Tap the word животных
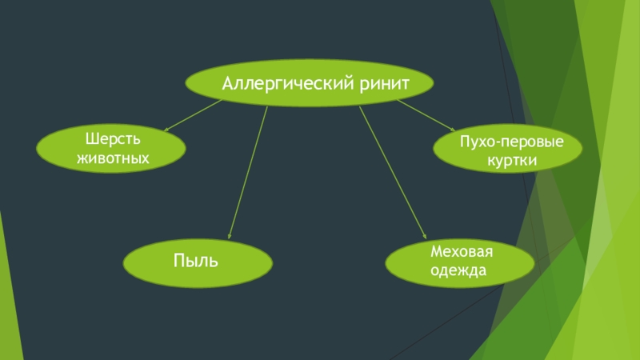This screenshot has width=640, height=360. (x=113, y=158)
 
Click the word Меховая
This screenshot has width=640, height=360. (x=462, y=252)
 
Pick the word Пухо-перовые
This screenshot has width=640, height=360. (x=511, y=143)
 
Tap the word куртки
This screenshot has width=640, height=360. (x=511, y=161)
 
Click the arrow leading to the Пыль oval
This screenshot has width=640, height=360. (x=248, y=172)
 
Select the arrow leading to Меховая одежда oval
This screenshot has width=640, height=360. (x=392, y=172)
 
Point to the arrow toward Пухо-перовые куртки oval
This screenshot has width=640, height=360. (x=426, y=114)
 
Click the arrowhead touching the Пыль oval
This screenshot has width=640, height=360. (x=230, y=236)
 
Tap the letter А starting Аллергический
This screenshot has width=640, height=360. (x=227, y=82)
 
